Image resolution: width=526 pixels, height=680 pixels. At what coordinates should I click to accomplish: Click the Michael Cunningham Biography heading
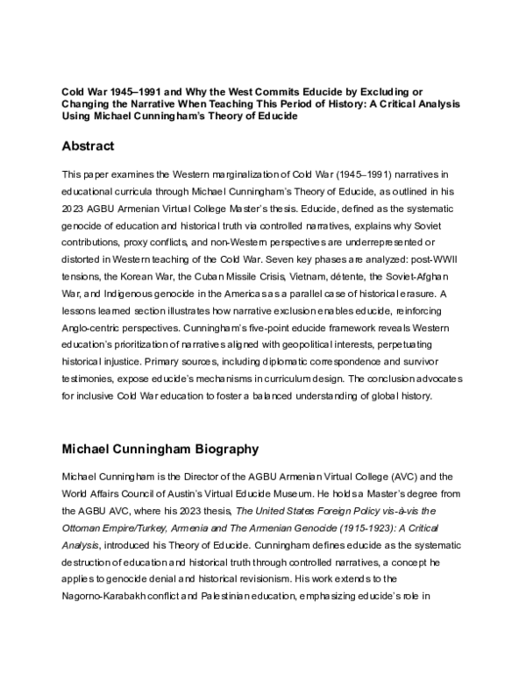(160, 450)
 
